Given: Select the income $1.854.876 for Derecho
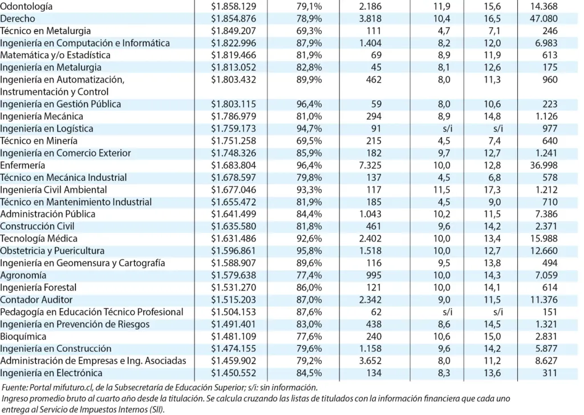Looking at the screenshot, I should click(234, 19).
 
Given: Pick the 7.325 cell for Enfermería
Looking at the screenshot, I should click(370, 165).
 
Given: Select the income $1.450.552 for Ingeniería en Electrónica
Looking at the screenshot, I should click(234, 373).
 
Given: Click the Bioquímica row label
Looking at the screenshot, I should click(23, 336).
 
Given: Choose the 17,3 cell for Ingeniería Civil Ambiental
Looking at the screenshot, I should click(493, 190).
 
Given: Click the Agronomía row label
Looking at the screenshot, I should click(23, 275).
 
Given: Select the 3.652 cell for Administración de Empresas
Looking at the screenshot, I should click(370, 361).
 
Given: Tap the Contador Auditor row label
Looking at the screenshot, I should click(35, 300).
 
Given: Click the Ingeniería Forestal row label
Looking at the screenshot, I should click(38, 287).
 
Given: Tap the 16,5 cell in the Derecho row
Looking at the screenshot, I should click(493, 19).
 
